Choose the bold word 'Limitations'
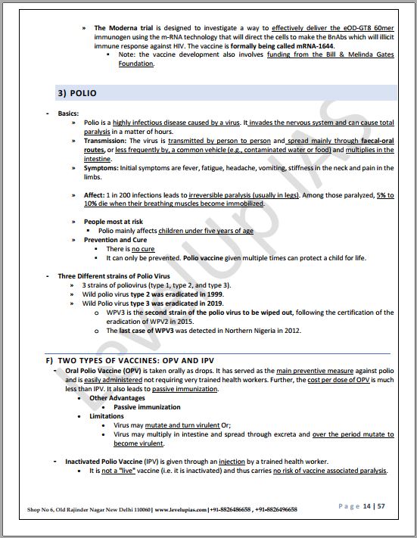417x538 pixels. click(107, 416)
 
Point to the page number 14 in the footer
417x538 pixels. click(367, 505)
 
